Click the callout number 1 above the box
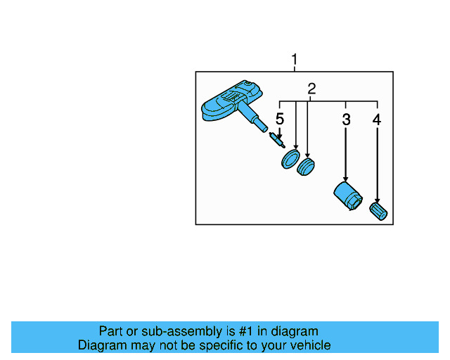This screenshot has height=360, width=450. (x=295, y=60)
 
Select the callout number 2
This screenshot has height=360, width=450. (x=311, y=89)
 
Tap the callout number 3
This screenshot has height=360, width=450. (x=346, y=120)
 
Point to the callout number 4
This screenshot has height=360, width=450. (x=377, y=120)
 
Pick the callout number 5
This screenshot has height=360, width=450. (x=279, y=119)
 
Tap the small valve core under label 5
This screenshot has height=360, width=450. (x=277, y=139)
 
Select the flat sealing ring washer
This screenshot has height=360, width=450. (x=290, y=160)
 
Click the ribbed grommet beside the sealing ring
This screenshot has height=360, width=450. (x=306, y=167)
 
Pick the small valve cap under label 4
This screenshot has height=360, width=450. (x=378, y=210)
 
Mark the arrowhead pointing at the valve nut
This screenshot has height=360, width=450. (x=346, y=179)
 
